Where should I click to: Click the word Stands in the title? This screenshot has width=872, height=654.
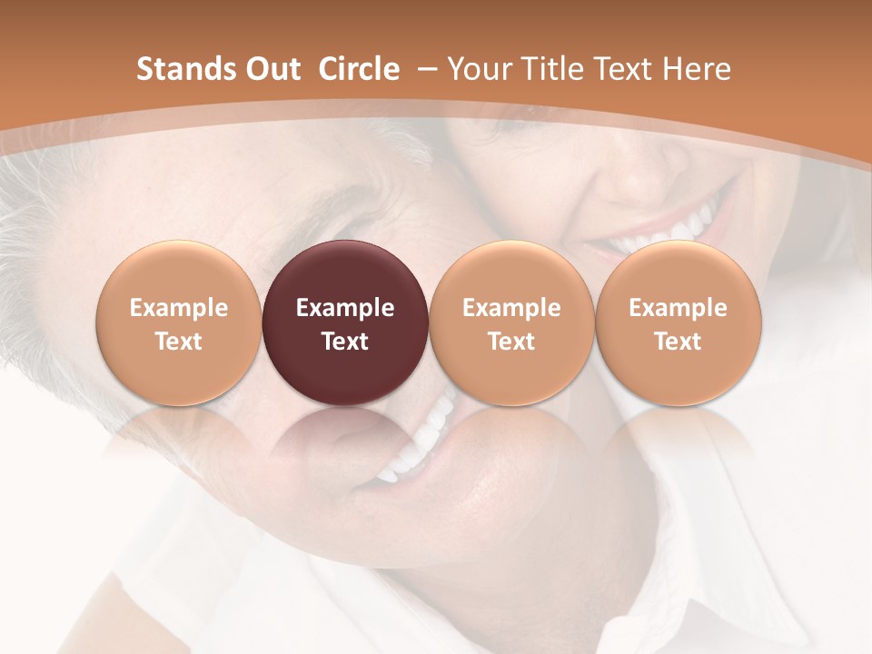tap(177, 69)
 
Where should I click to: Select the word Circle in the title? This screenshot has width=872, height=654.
tap(359, 69)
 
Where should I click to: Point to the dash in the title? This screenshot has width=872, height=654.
tap(423, 69)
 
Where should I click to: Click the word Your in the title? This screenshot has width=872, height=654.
tap(477, 69)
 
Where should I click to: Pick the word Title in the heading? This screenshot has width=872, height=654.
tap(548, 69)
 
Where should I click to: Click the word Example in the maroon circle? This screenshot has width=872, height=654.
tap(345, 308)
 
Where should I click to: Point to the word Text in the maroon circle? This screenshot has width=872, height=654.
tap(345, 342)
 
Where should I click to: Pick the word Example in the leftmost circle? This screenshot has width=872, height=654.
tap(178, 308)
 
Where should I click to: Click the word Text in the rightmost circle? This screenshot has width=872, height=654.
tap(678, 342)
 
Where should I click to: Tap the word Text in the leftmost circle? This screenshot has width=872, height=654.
tap(178, 342)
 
